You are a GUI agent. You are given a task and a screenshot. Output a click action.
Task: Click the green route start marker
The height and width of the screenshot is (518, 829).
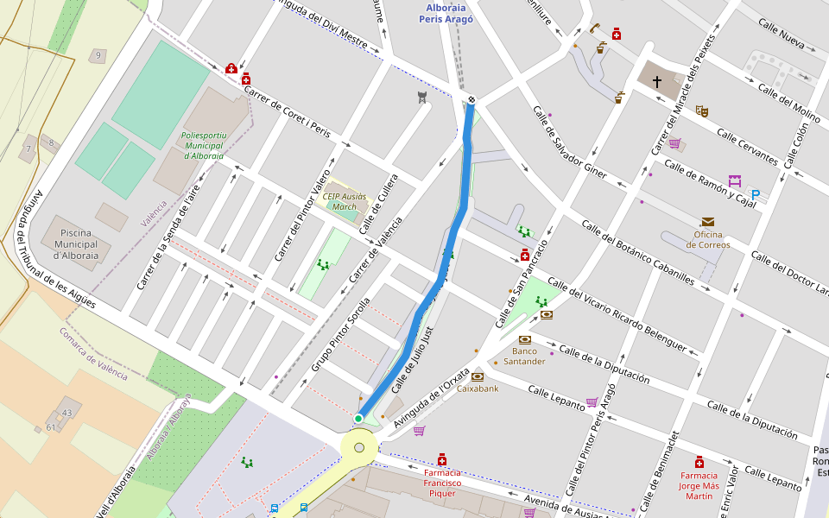(358, 419)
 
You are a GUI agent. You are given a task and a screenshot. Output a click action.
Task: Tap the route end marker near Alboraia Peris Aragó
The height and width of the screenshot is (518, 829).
(471, 100)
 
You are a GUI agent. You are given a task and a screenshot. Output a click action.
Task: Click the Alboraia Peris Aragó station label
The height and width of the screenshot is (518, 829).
(446, 13)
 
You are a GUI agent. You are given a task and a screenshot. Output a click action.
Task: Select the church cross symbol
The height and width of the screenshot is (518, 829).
(656, 82)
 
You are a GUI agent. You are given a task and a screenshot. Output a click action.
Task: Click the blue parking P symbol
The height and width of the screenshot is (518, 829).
(756, 195)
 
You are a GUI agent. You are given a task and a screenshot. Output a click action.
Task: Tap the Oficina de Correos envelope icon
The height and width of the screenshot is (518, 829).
(708, 222)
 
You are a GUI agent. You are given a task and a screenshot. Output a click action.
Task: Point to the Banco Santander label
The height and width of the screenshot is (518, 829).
(529, 356)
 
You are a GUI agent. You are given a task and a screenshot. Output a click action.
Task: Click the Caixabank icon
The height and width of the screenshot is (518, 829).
(478, 376)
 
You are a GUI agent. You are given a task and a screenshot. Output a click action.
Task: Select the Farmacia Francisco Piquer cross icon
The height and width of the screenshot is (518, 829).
(442, 458)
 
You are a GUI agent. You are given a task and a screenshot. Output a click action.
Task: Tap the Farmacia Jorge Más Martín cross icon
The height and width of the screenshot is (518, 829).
(699, 462)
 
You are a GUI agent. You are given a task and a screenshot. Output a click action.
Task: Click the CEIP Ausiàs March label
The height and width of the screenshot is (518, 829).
(339, 201)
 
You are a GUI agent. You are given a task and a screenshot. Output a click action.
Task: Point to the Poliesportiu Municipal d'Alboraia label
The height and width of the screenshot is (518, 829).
(203, 146)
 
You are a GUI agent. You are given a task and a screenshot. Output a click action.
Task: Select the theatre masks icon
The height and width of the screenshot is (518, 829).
(702, 111)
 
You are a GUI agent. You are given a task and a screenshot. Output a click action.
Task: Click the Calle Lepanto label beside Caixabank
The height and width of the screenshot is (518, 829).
(557, 397)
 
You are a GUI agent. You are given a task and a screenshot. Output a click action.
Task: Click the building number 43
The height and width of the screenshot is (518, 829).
(66, 413)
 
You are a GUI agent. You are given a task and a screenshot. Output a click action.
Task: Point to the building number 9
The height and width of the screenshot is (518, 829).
(98, 56)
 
